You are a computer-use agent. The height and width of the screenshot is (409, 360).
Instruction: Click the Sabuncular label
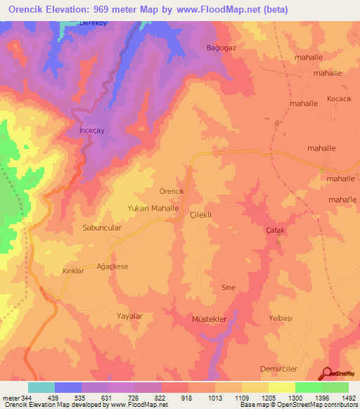103,228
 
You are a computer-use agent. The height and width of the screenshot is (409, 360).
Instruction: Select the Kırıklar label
73,271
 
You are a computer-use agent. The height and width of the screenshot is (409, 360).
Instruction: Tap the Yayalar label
130,316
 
